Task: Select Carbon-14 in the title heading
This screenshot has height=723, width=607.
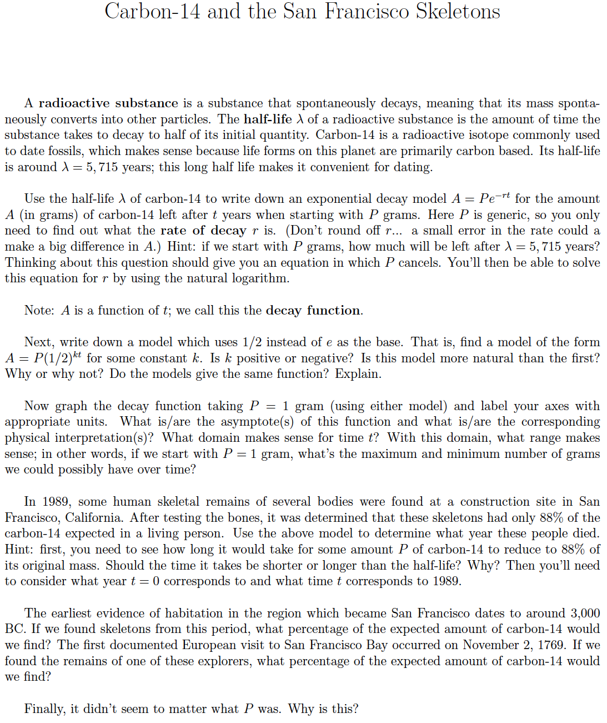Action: click(x=152, y=11)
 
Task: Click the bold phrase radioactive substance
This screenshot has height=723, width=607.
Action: click(x=108, y=103)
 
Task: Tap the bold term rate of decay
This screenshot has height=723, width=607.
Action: click(x=203, y=231)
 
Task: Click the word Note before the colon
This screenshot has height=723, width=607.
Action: click(x=38, y=310)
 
